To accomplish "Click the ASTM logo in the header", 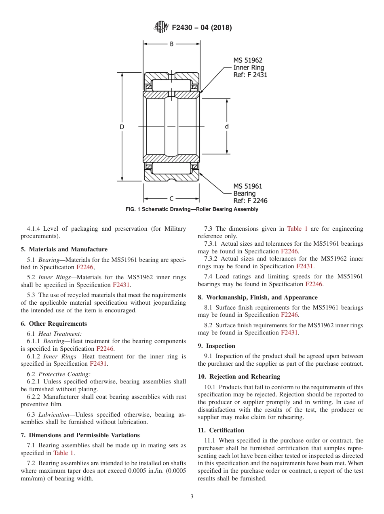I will (x=160, y=27).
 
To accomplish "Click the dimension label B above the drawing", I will (x=171, y=44).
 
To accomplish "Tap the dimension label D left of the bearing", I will (x=122, y=127).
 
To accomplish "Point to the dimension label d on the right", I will (x=227, y=126).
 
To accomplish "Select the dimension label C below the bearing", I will (x=171, y=198).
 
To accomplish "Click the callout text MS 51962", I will (x=248, y=60).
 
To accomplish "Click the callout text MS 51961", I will (x=248, y=186).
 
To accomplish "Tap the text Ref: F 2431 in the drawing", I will (x=250, y=75).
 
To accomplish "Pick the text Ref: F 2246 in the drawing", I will (x=250, y=201).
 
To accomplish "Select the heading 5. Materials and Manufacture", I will (x=64, y=249).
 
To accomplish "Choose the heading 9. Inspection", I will (x=216, y=346).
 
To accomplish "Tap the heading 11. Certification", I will (x=221, y=430).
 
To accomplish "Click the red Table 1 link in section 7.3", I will (x=297, y=229).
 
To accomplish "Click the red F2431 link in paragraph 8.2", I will (x=289, y=333).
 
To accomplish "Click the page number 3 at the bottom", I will (x=192, y=497).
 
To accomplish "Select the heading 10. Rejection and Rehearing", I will (x=239, y=377).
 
